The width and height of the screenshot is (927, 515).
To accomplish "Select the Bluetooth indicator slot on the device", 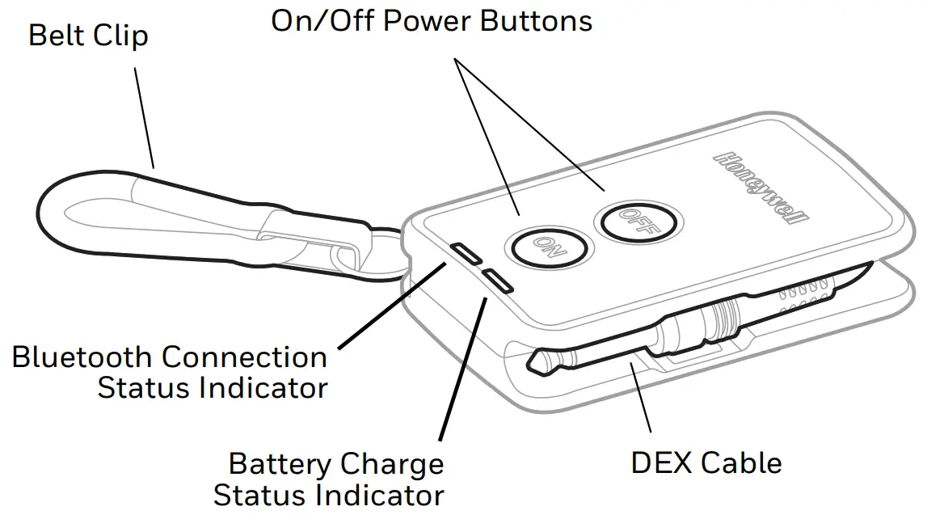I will coord(467,253).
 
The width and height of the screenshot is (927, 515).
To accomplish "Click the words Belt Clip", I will coord(88,36).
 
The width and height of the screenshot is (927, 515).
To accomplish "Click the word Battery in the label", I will coord(279,464).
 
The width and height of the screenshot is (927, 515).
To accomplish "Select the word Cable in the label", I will coord(741,462).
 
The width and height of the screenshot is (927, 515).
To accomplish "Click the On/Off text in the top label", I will coord(322,21).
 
